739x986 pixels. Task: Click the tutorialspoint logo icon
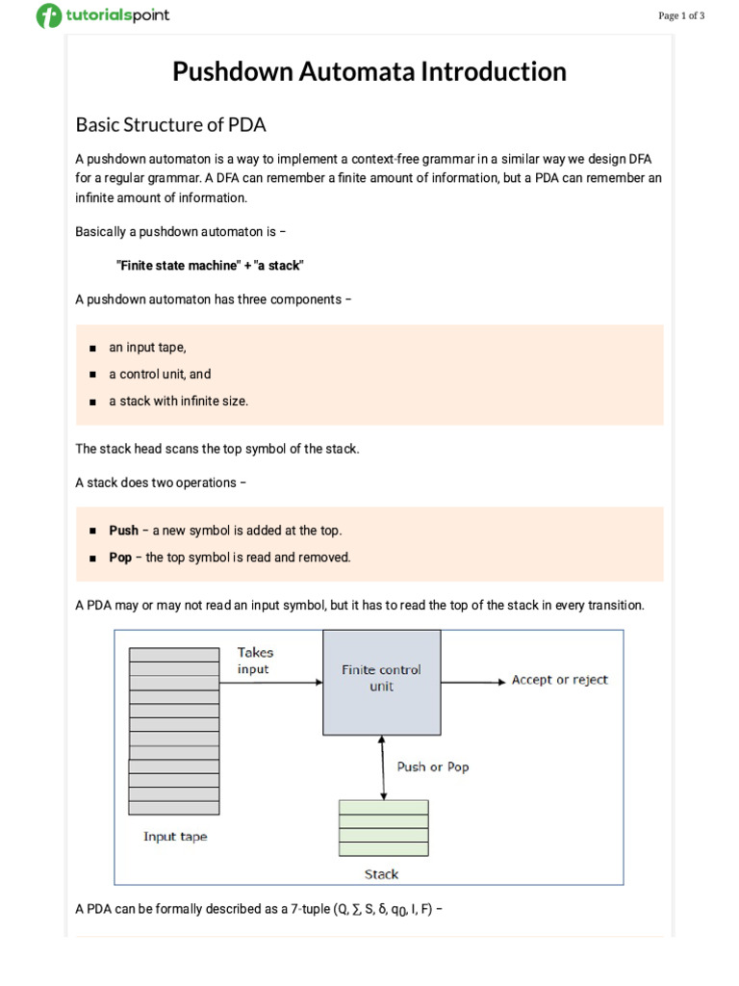[48, 15]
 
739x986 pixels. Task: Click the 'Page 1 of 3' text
[681, 15]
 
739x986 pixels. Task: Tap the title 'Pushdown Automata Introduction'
[369, 71]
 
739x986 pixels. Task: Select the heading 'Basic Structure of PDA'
[170, 124]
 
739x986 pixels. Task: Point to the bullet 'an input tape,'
[147, 348]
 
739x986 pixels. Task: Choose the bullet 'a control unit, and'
[160, 374]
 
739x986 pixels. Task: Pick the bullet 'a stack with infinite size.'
[178, 401]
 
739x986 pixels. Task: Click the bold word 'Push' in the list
[123, 531]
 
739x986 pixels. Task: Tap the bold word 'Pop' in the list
[120, 558]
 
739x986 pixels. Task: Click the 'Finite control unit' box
[381, 678]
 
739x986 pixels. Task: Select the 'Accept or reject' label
[559, 680]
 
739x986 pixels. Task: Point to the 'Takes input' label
[255, 661]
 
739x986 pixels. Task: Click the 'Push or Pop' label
[433, 767]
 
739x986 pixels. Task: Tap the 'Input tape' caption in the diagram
[174, 837]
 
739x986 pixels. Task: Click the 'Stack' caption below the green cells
[381, 874]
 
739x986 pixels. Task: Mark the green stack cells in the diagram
[383, 828]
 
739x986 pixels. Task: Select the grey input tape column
[174, 730]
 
